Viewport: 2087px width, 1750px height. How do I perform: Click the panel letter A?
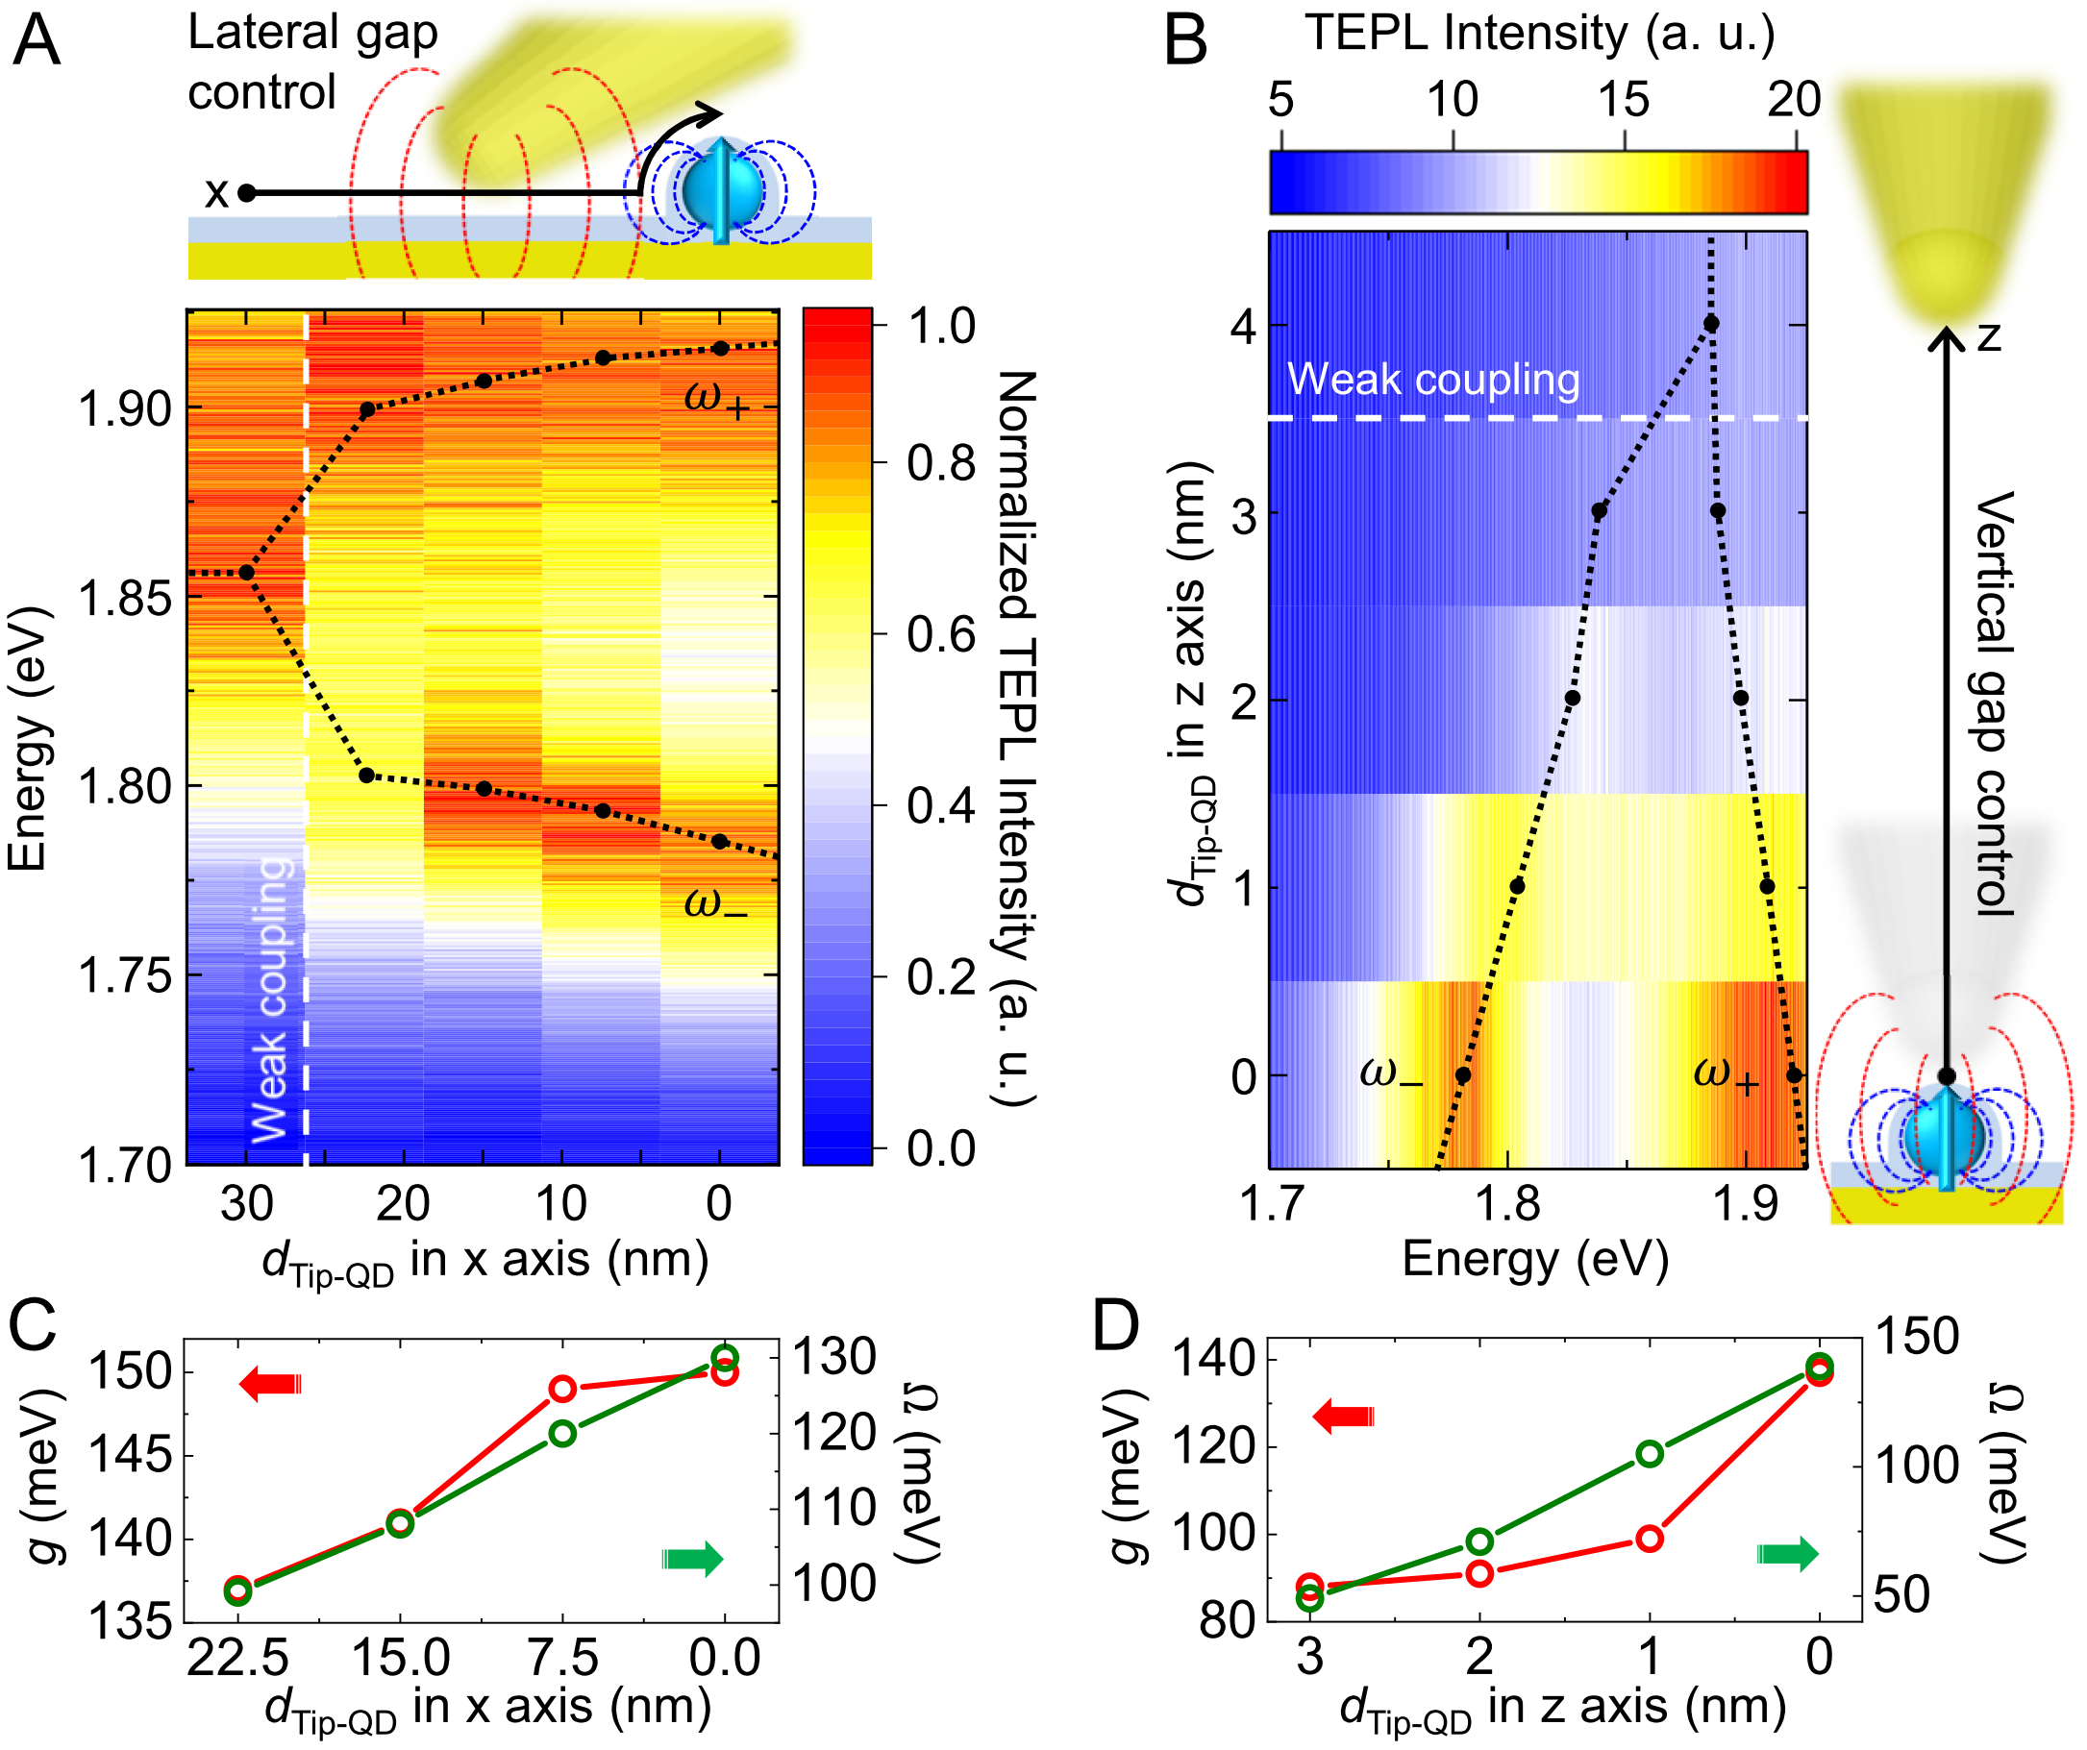(x=37, y=41)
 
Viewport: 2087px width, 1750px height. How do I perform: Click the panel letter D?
(x=1115, y=1326)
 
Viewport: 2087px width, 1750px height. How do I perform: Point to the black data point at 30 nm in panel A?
(x=246, y=573)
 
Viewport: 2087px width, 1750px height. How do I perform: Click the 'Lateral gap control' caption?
(x=312, y=62)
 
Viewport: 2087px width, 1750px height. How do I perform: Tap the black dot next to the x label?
(x=246, y=193)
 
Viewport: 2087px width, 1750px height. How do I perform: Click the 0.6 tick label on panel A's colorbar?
(x=940, y=634)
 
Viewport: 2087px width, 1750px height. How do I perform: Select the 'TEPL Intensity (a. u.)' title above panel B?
(x=1539, y=34)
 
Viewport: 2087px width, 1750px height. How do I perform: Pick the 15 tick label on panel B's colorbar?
(x=1623, y=100)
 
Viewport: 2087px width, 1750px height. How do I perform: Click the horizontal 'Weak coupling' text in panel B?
(x=1433, y=380)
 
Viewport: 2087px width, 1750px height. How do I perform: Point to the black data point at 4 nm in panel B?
(x=1711, y=324)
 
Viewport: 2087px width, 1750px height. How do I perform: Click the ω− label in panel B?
(x=1390, y=1074)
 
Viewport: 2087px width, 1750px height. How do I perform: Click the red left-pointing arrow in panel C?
(x=270, y=1384)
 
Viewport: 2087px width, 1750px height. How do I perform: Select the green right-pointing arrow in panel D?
(x=1787, y=1554)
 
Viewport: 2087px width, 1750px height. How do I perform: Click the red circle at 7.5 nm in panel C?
(x=562, y=1389)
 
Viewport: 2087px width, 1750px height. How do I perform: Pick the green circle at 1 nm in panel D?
(x=1650, y=1454)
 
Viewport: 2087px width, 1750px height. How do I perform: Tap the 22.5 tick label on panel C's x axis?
(x=237, y=1659)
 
